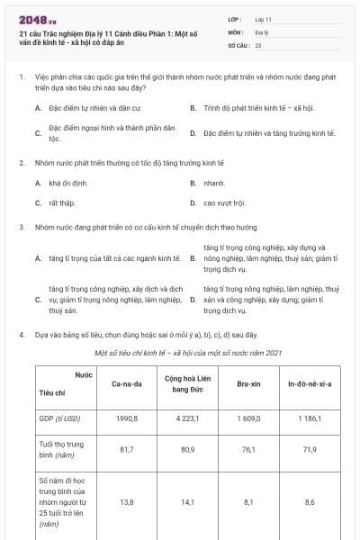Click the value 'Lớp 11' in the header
264,18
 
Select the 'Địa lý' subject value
261,31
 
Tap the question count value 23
258,43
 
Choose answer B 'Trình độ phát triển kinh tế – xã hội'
248,108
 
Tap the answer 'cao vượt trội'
224,202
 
